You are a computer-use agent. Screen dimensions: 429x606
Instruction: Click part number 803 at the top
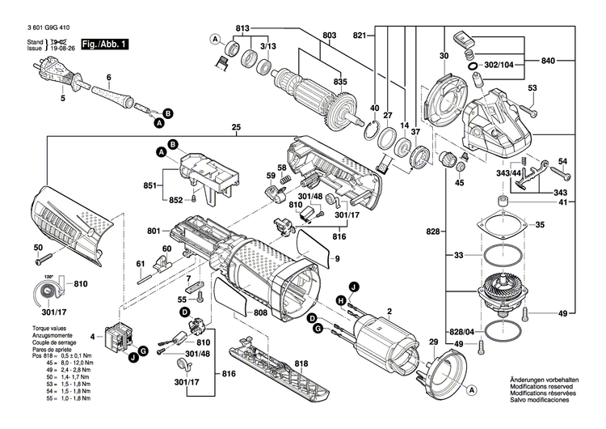pyautogui.click(x=330, y=36)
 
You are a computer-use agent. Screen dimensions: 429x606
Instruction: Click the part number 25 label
pyautogui.click(x=236, y=128)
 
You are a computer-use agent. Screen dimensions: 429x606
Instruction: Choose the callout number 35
pyautogui.click(x=540, y=224)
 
